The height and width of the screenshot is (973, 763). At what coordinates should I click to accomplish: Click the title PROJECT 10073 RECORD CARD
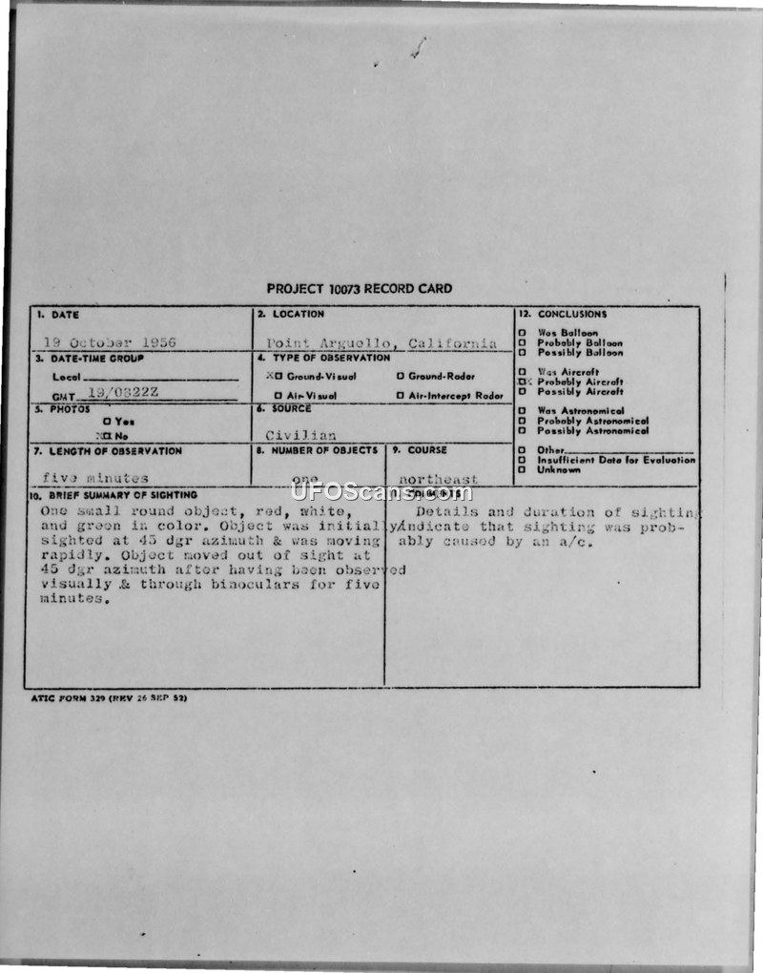pos(360,289)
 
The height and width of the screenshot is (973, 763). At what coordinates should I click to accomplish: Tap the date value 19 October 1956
pos(110,342)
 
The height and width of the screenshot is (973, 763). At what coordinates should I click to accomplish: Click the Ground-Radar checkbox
pos(401,377)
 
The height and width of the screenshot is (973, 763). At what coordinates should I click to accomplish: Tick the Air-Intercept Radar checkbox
pos(401,396)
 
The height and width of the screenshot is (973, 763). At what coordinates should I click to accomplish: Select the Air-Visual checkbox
pos(278,396)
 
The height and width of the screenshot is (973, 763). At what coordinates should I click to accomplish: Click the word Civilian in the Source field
pos(300,435)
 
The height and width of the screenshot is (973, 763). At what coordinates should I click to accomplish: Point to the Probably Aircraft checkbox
pos(522,382)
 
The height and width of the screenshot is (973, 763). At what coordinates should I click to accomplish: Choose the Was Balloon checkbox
pos(522,333)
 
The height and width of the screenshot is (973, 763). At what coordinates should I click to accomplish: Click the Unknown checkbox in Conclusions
pos(522,469)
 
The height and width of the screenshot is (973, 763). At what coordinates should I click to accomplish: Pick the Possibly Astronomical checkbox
pos(522,430)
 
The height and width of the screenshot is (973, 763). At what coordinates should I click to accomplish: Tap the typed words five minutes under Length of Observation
pos(95,478)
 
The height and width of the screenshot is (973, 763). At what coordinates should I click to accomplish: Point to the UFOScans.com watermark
pos(381,492)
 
